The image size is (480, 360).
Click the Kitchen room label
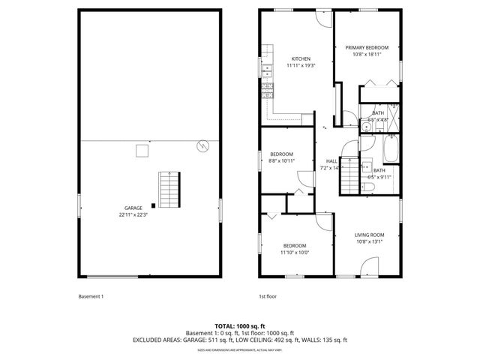point(301,58)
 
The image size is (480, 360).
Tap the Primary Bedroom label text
point(367,47)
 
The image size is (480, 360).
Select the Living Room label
point(368,235)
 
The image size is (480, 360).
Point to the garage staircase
point(169,190)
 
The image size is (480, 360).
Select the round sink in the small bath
point(367,128)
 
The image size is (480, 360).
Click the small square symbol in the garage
point(140,151)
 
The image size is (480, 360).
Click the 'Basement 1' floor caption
point(91,296)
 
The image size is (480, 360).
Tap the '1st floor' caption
point(268,296)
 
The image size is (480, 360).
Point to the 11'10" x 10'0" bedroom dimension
point(295,253)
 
